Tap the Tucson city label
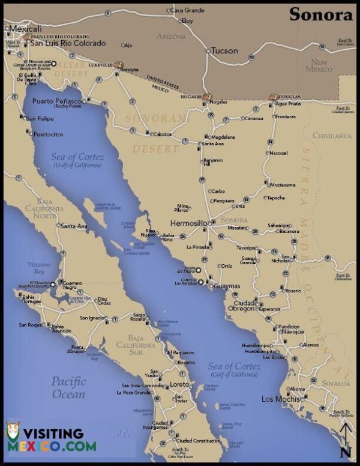pyautogui.click(x=225, y=50)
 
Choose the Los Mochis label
pyautogui.click(x=280, y=399)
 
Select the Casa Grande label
pyautogui.click(x=187, y=10)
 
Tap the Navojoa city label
pyautogui.click(x=293, y=331)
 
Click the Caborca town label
pyautogui.click(x=161, y=134)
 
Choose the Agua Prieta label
pyautogui.click(x=287, y=103)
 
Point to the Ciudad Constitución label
pyautogui.click(x=197, y=440)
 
